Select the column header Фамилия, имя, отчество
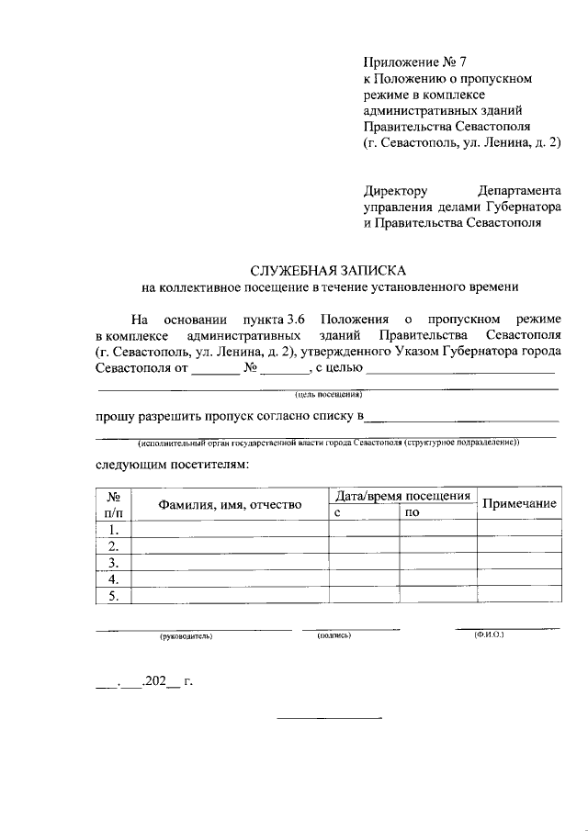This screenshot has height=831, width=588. (230, 505)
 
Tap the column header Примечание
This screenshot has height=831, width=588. (520, 504)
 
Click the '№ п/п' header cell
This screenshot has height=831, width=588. (114, 504)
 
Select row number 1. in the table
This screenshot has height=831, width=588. (114, 530)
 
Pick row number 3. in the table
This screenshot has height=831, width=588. (114, 563)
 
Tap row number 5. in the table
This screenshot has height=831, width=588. (114, 596)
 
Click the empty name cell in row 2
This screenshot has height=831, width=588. (231, 546)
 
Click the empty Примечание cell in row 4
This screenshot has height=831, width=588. (520, 579)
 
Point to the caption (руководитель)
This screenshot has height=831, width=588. (186, 635)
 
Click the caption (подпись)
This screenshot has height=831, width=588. (334, 634)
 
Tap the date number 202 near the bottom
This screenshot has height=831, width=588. (153, 682)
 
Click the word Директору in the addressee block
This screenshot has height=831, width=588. (395, 191)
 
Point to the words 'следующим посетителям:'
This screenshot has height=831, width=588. (172, 464)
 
